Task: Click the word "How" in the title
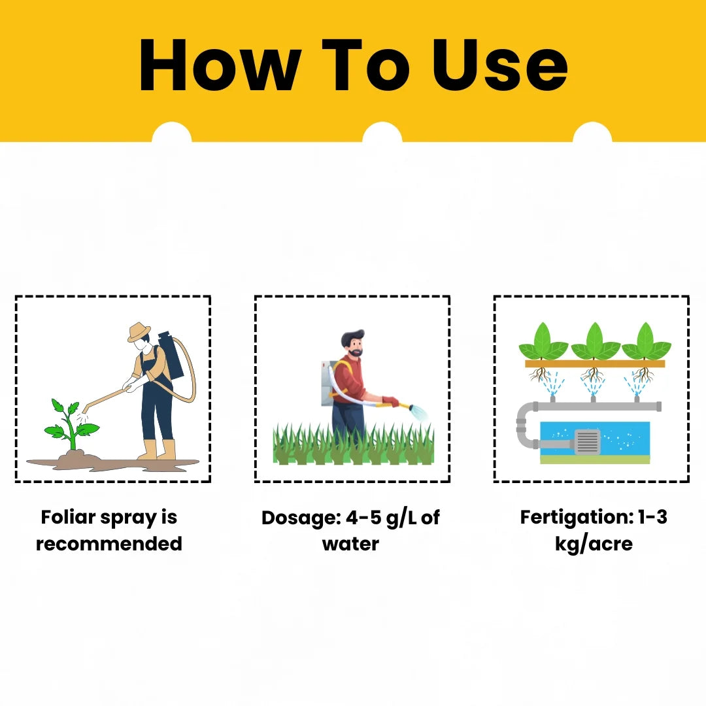click(220, 65)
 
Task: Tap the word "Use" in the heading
click(499, 65)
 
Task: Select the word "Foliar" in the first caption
click(68, 517)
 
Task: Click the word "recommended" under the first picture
click(109, 543)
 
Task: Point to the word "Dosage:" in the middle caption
click(301, 517)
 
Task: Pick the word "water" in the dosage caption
click(351, 544)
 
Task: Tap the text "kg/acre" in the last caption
click(594, 544)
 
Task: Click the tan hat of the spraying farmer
click(139, 332)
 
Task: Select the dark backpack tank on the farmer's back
click(171, 355)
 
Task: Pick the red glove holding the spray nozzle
click(390, 401)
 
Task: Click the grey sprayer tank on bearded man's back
click(329, 382)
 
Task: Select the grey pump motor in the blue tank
click(586, 441)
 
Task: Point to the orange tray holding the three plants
click(595, 364)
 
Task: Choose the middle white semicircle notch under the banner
click(382, 132)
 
